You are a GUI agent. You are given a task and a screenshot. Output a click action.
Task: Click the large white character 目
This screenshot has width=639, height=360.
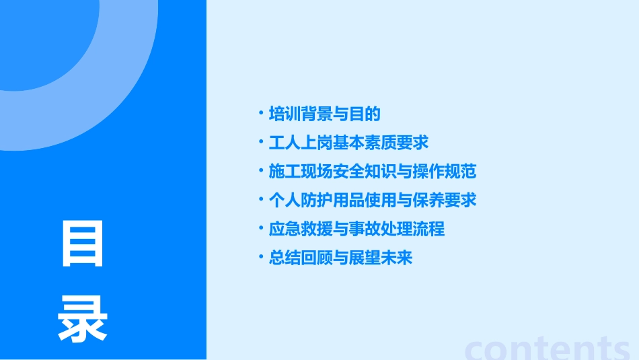click(x=83, y=244)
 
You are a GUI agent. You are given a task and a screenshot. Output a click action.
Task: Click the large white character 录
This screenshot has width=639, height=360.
click(x=83, y=320)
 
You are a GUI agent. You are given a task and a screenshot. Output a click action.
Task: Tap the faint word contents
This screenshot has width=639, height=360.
click(x=548, y=348)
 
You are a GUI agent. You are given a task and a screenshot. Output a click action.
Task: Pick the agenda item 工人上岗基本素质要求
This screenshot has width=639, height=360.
click(x=348, y=143)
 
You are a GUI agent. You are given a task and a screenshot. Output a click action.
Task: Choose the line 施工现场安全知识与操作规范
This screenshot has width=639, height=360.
click(x=372, y=172)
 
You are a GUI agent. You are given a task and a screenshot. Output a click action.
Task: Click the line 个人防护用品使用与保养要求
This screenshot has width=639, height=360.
click(x=372, y=200)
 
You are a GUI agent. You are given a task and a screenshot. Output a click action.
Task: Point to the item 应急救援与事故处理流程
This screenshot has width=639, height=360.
click(x=356, y=229)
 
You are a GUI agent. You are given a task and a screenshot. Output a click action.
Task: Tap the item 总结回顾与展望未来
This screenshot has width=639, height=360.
click(x=340, y=258)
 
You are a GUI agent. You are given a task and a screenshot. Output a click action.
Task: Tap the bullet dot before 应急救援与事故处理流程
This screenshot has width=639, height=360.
click(x=262, y=228)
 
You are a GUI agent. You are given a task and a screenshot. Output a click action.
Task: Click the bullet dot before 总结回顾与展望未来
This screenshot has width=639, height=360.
click(x=262, y=257)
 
